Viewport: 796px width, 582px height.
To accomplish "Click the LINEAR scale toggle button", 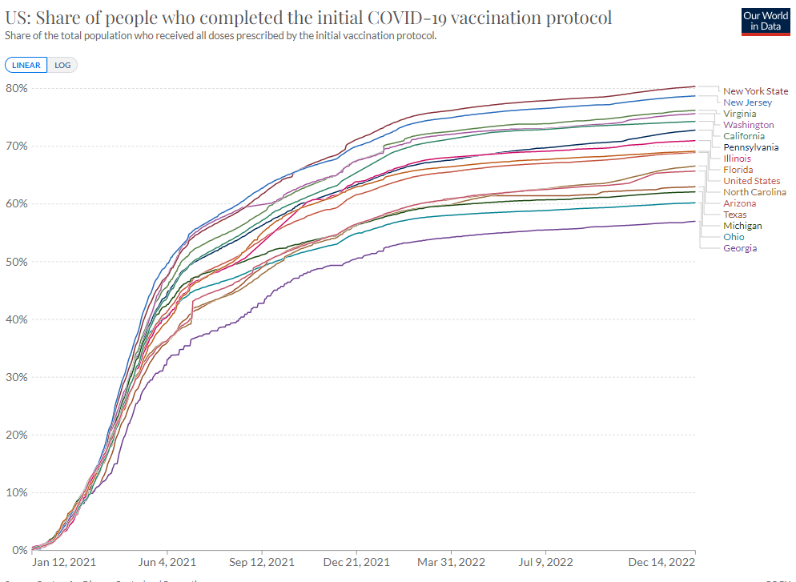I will click(x=26, y=66).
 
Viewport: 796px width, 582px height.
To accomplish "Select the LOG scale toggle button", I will click(x=62, y=66).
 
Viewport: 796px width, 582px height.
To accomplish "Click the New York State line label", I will click(x=755, y=91).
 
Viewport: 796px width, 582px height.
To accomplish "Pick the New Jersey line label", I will click(x=747, y=102).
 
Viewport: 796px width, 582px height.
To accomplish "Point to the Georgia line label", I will click(x=739, y=248).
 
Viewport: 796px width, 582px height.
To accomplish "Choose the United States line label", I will click(x=751, y=181).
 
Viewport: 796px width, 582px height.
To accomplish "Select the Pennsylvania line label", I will click(x=750, y=147).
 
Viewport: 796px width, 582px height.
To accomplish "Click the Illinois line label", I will click(x=737, y=159).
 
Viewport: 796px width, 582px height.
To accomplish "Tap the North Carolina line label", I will click(x=754, y=192).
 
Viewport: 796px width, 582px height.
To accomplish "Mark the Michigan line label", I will click(x=742, y=226).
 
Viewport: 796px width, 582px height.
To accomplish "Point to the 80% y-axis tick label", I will click(x=17, y=88).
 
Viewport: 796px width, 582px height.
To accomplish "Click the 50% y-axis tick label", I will click(x=17, y=262).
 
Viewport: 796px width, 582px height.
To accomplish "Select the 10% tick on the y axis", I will click(x=17, y=492).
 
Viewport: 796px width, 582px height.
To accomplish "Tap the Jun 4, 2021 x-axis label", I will click(x=167, y=563).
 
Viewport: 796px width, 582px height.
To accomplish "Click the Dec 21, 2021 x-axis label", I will click(x=356, y=563).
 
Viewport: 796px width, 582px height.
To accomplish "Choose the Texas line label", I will click(x=735, y=215).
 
